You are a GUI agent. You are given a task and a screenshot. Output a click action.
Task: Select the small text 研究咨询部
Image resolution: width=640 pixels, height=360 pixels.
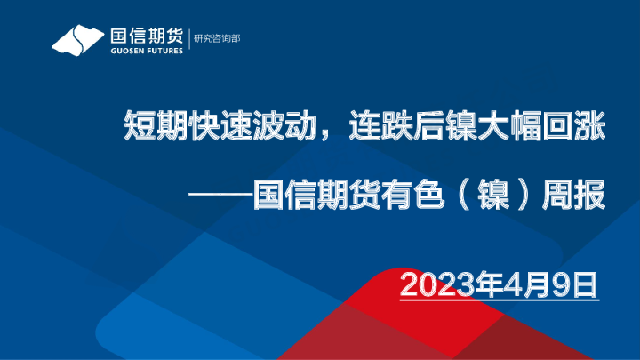216,38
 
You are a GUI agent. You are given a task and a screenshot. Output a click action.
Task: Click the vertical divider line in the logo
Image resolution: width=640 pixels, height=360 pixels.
188,40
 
